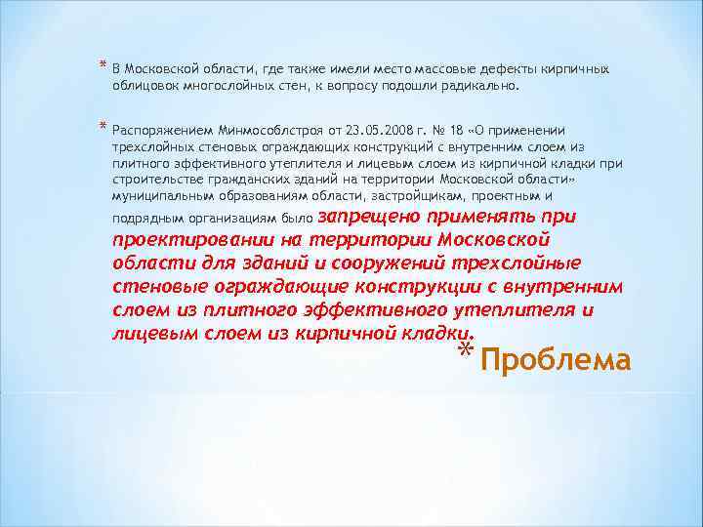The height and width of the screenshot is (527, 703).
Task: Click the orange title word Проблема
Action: coord(556,360)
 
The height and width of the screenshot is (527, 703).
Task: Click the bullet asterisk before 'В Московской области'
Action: coord(103,66)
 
